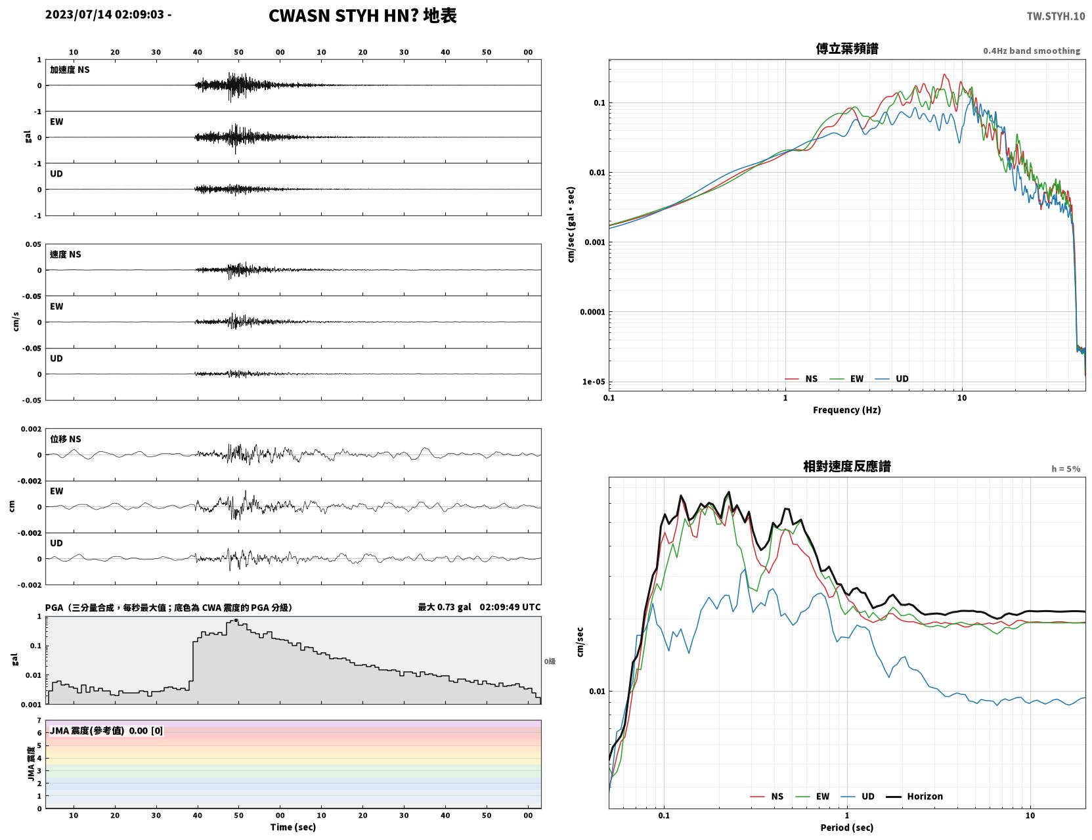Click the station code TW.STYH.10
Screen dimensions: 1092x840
tap(1055, 16)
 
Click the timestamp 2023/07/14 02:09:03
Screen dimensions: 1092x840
tap(104, 14)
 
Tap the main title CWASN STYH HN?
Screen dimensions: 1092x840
tap(343, 16)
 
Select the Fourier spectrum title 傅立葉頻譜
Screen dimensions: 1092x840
tap(847, 49)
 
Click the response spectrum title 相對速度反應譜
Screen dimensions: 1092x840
tap(847, 466)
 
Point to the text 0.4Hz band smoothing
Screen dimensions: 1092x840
tap(1031, 51)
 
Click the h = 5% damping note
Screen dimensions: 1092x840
tap(1065, 469)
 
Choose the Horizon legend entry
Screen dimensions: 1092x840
tap(914, 796)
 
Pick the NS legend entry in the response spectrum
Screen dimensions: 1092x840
tap(767, 796)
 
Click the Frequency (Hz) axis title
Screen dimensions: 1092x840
tap(847, 410)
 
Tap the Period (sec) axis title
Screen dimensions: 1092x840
tap(847, 828)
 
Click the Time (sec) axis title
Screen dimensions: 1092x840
tap(293, 827)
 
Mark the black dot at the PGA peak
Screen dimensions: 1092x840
tap(236, 621)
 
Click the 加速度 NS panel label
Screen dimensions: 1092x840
tap(70, 70)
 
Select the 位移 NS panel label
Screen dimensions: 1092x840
tap(65, 439)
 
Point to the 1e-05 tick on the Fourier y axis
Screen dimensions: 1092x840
tap(594, 382)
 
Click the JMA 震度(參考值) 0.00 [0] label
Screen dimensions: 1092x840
tap(106, 730)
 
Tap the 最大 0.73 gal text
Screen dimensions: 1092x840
tap(445, 607)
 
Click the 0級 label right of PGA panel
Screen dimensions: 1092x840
tap(550, 661)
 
